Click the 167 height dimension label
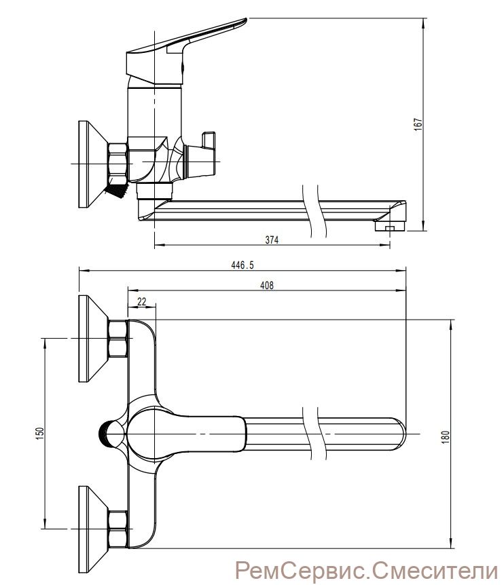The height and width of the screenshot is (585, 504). pos(418,124)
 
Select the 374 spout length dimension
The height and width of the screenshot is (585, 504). pos(272,240)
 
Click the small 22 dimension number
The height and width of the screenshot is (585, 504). pos(142,301)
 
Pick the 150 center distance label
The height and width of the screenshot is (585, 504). pos(40,432)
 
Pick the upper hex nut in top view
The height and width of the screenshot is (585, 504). pos(118,339)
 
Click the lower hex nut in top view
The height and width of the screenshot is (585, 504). pos(118,529)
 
